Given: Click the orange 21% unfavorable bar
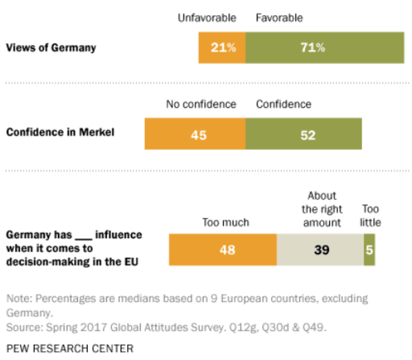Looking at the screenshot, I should [x=222, y=48].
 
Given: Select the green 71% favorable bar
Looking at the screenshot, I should [x=324, y=48].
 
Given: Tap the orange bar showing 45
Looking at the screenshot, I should [x=195, y=134].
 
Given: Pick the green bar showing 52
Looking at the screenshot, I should [x=304, y=134].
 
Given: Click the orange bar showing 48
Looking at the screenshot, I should [x=222, y=250].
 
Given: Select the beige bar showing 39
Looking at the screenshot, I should [x=320, y=250].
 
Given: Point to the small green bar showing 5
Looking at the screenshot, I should [x=369, y=250].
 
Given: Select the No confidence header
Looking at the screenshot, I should [x=201, y=104].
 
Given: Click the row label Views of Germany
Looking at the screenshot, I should [x=51, y=48].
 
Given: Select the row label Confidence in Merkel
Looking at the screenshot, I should [x=60, y=132].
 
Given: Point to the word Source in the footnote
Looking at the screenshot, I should [x=22, y=328].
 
